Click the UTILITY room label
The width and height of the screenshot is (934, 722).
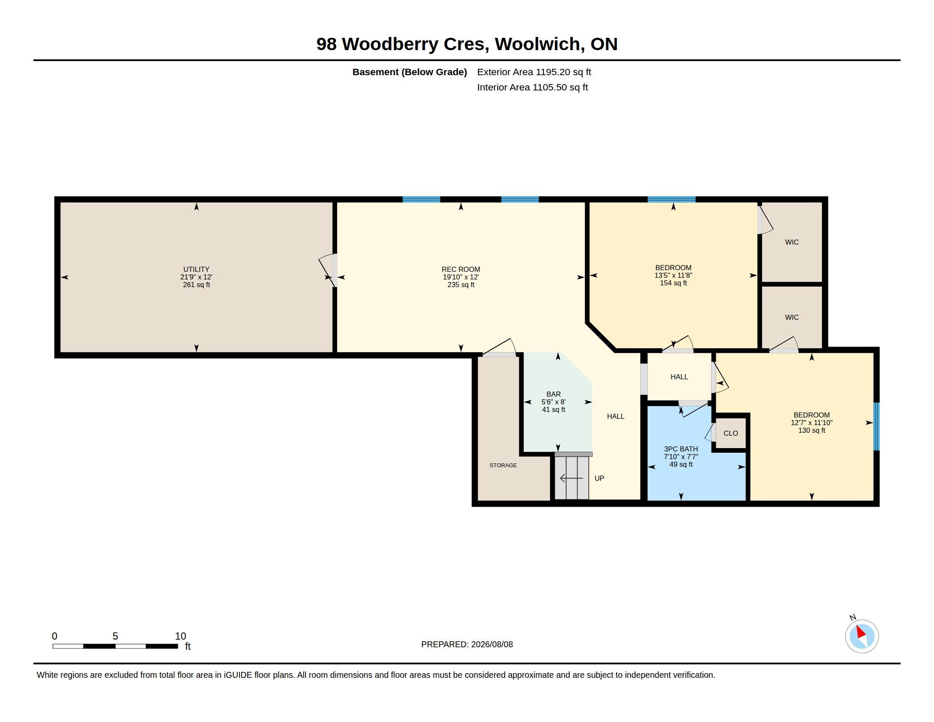[196, 269]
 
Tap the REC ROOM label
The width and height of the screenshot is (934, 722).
[461, 269]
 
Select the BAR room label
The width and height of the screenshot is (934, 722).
[553, 395]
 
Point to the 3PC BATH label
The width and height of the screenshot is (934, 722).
[681, 449]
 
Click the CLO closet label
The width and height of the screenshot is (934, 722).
[731, 433]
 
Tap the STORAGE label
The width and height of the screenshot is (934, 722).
[503, 465]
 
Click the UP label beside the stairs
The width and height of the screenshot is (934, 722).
[599, 478]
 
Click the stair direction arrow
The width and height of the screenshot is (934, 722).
[571, 478]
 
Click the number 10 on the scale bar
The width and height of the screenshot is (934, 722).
[180, 636]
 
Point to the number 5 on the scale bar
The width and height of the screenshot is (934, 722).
[115, 636]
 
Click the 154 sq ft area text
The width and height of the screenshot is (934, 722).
[673, 283]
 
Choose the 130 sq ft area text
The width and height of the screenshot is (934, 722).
[811, 430]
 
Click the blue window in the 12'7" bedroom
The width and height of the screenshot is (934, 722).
[876, 426]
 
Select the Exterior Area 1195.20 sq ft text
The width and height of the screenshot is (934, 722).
[534, 72]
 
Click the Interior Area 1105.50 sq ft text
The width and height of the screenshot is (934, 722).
[532, 87]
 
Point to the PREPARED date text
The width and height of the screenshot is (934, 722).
[467, 644]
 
